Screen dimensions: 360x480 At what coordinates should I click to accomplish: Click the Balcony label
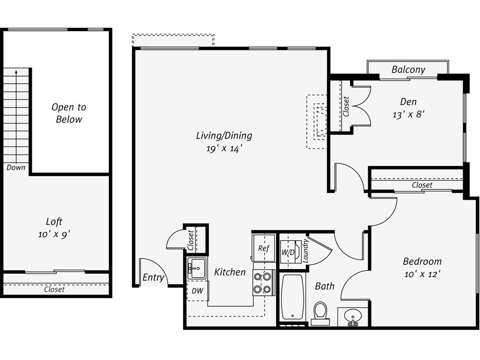coord(408,69)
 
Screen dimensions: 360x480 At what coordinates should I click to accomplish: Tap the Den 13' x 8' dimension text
coord(408,114)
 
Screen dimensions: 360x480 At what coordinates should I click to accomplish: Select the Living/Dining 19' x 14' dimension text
coord(224,148)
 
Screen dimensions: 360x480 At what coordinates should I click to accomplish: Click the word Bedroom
coord(422,261)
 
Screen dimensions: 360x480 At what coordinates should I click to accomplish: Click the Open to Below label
coord(69,113)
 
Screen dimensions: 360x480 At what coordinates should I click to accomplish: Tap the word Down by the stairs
coord(16,168)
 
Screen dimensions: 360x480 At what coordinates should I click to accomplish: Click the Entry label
coord(153,278)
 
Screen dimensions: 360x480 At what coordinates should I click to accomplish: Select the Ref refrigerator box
coord(263,248)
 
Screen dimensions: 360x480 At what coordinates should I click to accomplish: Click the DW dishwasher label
coord(197,291)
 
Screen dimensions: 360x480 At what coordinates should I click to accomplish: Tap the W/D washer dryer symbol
coord(288,252)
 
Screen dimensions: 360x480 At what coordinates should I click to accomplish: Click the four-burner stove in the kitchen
coord(262,283)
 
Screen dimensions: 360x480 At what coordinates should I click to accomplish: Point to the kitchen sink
coord(197,269)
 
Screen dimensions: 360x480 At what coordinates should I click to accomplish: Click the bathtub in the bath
coord(293,297)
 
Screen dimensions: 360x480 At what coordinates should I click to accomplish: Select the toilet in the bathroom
coord(320,313)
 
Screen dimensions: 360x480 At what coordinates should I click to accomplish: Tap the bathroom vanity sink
coord(353,317)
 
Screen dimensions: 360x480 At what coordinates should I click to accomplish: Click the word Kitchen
coord(230,272)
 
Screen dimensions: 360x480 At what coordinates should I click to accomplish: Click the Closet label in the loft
coord(55,289)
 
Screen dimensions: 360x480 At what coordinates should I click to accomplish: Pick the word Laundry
coord(305,251)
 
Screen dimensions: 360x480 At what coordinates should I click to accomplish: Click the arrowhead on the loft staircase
coord(16,72)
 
